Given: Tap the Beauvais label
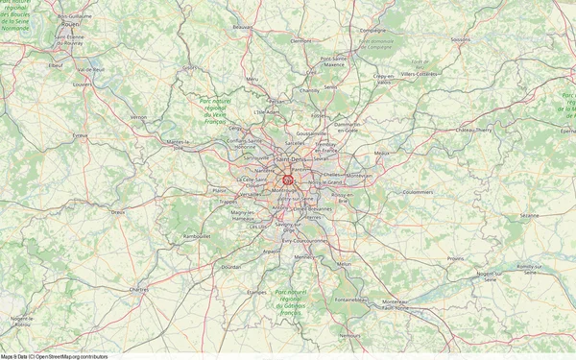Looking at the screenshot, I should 243,27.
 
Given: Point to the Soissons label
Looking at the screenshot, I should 461,40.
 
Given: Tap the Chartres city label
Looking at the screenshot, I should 139,288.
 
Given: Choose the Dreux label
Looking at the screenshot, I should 118,211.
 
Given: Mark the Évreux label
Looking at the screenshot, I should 80,136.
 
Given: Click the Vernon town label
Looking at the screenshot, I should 139,117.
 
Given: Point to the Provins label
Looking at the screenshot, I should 455,258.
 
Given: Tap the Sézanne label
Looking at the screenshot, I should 529,216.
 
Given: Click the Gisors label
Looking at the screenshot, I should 189,68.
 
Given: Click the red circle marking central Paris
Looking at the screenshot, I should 287,178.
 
